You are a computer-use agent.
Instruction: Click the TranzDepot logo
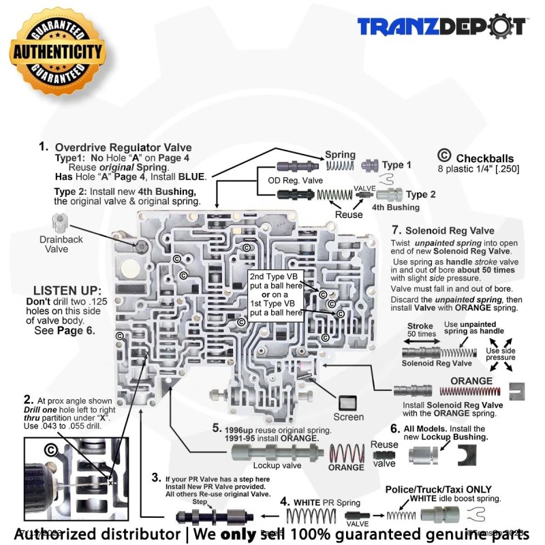[x=443, y=27]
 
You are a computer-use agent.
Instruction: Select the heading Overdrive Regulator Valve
[x=123, y=147]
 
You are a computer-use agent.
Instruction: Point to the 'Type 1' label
[x=396, y=165]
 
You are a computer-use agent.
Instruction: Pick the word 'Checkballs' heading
[x=485, y=157]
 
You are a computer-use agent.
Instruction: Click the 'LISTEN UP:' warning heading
[x=67, y=291]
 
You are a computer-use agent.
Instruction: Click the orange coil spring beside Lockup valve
[x=347, y=452]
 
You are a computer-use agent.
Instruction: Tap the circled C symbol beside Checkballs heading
[x=443, y=155]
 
